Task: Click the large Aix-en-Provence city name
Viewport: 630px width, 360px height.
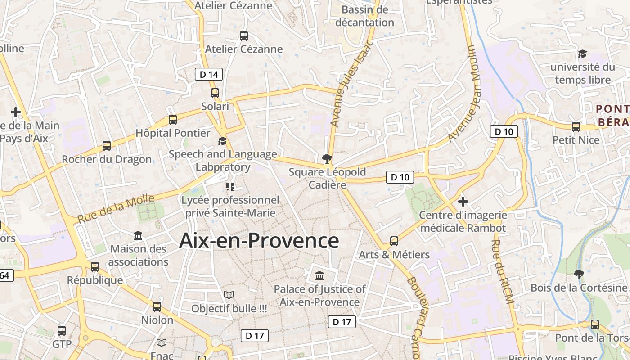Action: coord(259,241)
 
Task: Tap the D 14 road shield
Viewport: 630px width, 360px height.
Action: coord(209,74)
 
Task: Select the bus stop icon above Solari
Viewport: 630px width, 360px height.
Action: coord(215,93)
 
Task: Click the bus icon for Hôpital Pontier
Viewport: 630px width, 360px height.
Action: coord(172,120)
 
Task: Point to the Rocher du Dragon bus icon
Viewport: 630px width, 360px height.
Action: coord(107,146)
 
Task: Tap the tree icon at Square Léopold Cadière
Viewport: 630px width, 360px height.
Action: coord(327,158)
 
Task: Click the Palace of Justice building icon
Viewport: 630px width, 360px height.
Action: coord(319,275)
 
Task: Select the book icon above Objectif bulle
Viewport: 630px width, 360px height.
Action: coord(229,295)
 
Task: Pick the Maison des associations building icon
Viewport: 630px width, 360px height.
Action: coord(138,235)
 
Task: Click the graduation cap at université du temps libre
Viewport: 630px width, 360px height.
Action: coord(582,54)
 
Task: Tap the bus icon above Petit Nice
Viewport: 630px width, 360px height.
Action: coord(576,127)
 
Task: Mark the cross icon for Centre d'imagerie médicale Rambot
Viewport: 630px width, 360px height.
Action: coord(463,201)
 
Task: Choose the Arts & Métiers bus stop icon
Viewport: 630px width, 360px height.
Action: coord(394,241)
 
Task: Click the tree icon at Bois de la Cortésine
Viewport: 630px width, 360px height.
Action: coord(579,274)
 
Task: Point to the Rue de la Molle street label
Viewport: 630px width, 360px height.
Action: coord(116,209)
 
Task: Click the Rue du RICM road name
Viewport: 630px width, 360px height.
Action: coord(503,271)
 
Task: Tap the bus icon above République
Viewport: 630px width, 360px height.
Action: coord(95,267)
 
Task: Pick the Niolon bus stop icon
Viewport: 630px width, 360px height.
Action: coord(157,307)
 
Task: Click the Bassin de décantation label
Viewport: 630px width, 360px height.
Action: coord(364,16)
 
